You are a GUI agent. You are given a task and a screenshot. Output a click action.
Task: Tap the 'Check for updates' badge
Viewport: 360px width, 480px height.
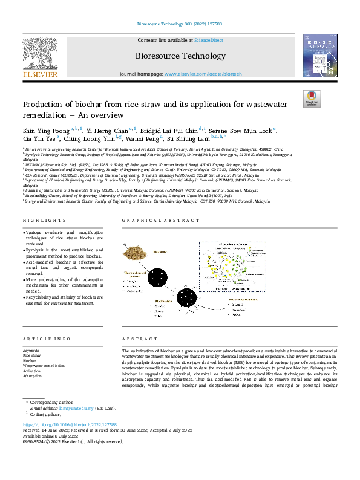pyautogui.click(x=311, y=99)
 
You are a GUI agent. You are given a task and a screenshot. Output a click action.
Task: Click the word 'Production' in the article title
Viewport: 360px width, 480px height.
pyautogui.click(x=43, y=105)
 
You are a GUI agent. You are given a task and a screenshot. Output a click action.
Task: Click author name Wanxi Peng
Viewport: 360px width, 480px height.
pyautogui.click(x=143, y=139)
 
